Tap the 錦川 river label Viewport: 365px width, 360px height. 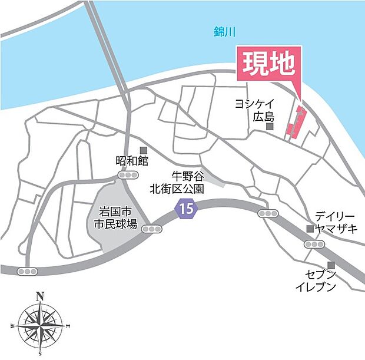(x=224, y=33)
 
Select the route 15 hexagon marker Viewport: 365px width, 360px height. (x=186, y=207)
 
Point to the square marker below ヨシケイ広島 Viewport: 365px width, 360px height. (x=270, y=126)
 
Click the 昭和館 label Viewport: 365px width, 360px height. (x=132, y=161)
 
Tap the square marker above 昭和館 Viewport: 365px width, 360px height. (x=142, y=150)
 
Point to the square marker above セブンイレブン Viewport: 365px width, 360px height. (x=331, y=265)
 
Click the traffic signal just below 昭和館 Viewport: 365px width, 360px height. (x=128, y=176)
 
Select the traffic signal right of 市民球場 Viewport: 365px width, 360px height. (x=152, y=229)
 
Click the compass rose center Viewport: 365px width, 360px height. (x=40, y=323)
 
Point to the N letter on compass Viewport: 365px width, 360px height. (x=40, y=296)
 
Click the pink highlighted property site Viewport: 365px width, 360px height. (x=296, y=122)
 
